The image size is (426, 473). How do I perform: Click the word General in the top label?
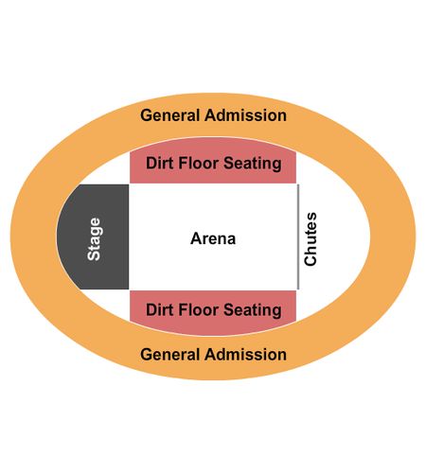pos(169,115)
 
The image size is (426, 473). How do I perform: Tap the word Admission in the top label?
pos(246,115)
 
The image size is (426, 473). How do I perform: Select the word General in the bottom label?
pos(169,355)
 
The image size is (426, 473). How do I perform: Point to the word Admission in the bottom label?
pos(246,355)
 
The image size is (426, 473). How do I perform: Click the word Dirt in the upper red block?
pos(160,164)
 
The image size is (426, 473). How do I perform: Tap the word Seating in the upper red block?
pos(253,164)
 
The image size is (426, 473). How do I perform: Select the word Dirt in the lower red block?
pos(160,309)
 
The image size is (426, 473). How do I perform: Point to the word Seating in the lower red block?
pos(253,310)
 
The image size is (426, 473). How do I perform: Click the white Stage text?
pos(95,239)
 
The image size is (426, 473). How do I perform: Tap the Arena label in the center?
pos(213,238)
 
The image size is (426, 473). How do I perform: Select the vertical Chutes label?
pos(311,238)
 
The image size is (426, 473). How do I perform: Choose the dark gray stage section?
pos(95,236)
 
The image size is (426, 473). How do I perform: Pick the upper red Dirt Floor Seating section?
pos(213,161)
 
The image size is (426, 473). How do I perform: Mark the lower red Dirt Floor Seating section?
pos(213,312)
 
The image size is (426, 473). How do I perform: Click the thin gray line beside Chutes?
pos(298,236)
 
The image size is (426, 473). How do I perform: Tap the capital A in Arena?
pos(196,238)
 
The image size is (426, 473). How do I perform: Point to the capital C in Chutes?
pos(311,260)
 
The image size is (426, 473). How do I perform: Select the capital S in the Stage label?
pos(95,255)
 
